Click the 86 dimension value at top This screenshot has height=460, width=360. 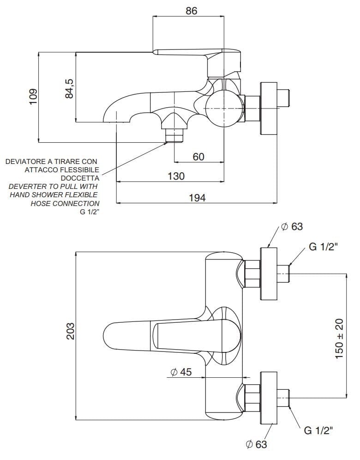tap(192, 11)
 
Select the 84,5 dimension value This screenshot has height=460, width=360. tap(70, 88)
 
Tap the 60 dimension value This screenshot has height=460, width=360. tap(198, 157)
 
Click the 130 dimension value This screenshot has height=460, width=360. tap(176, 176)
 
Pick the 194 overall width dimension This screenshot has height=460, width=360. tap(197, 197)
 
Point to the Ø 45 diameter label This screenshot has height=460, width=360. tap(181, 373)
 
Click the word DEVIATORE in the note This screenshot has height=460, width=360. tap(24, 162)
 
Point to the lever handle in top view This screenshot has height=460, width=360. tap(134, 334)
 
